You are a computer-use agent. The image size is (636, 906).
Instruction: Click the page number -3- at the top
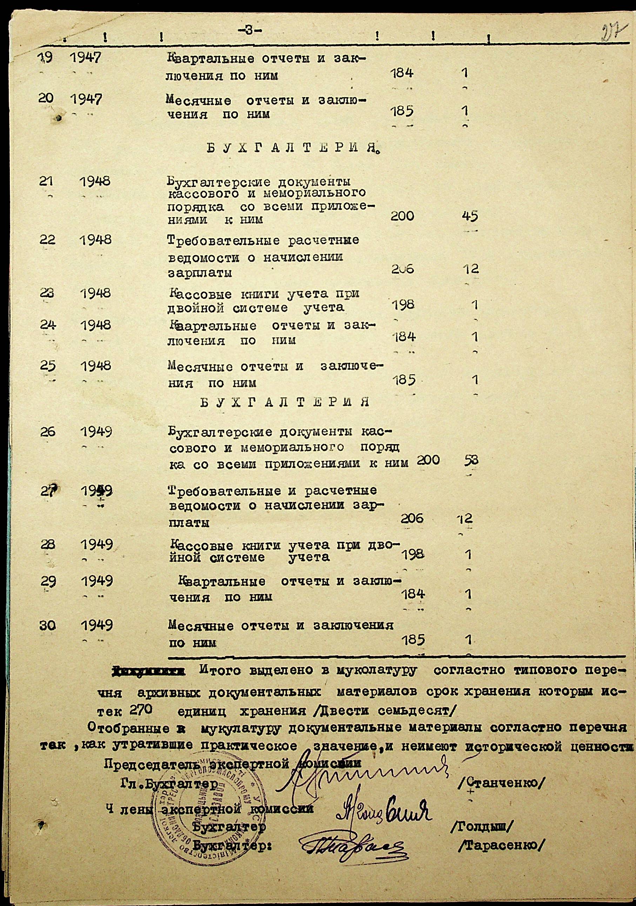[x=248, y=30]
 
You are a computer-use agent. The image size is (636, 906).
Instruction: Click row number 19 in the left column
[x=46, y=59]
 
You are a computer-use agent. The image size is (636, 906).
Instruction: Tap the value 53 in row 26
[x=471, y=460]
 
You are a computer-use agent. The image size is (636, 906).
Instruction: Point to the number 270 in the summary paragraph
[x=138, y=709]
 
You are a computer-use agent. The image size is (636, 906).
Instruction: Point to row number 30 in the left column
[x=47, y=626]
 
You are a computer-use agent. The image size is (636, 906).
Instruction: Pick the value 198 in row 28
[x=413, y=555]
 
